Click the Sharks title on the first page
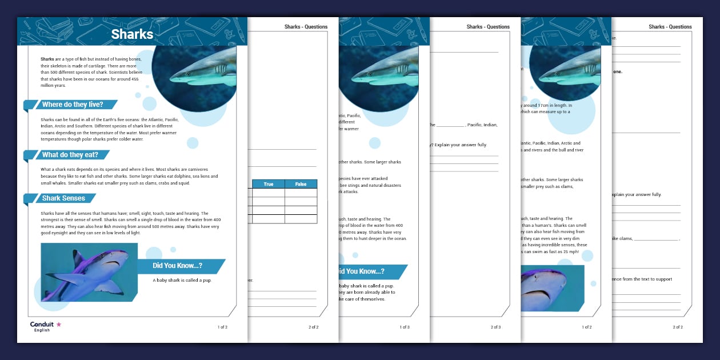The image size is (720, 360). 132,34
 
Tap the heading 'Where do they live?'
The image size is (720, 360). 73,105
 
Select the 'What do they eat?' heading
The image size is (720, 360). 70,155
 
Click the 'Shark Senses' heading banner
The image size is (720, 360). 63,198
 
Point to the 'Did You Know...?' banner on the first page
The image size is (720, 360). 177,266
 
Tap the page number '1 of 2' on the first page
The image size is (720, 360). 222,327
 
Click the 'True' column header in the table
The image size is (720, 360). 268,184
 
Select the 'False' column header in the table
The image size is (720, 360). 301,184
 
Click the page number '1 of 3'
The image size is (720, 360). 405,327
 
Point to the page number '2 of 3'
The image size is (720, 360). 495,327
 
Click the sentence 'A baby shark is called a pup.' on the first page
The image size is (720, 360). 182,281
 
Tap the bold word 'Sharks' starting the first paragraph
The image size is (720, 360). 47,59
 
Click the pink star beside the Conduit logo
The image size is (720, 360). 58,324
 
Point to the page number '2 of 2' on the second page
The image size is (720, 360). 313,327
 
